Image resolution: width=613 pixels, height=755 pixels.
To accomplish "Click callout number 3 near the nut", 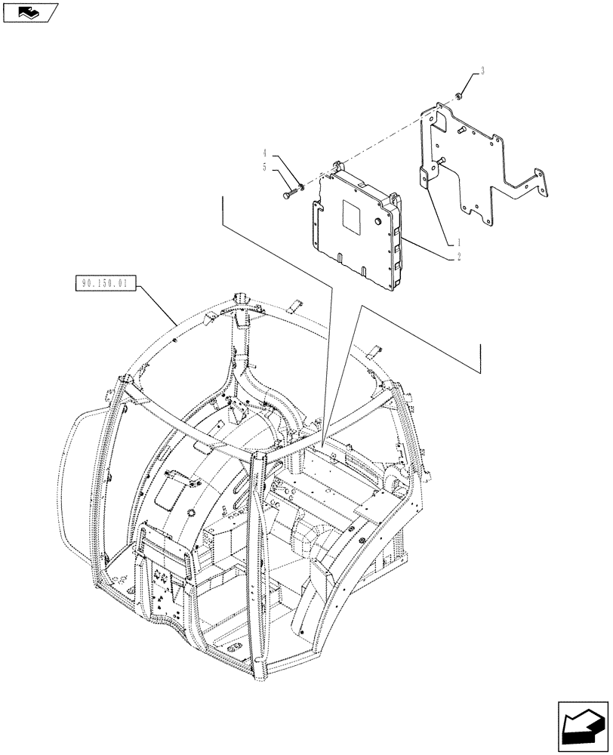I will tap(482, 72).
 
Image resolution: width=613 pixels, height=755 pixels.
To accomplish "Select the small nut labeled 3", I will tap(459, 95).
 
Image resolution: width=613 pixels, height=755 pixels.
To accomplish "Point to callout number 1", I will tap(458, 243).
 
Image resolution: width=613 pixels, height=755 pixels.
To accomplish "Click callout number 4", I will tap(265, 153).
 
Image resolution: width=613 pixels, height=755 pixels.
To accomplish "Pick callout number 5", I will tap(265, 167).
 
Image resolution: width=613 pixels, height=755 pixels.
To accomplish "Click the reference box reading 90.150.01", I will tap(106, 284).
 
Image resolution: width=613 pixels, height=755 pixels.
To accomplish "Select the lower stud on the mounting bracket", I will tap(442, 159).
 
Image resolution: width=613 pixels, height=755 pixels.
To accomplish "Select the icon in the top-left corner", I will tap(29, 11).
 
